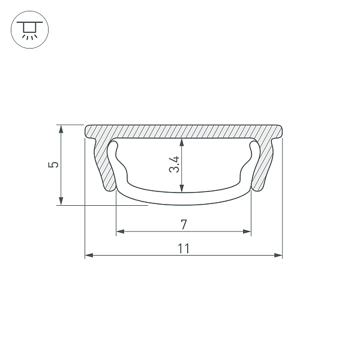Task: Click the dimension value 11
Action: coord(184,248)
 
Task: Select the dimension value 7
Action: coord(184,224)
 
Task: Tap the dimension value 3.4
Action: coord(174,164)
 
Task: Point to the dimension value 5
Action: coord(53,164)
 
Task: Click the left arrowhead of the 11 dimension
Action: coord(89,255)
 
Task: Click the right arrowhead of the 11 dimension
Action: coord(278,255)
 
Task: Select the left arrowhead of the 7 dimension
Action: coord(121,232)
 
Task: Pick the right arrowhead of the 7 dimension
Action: coord(247,232)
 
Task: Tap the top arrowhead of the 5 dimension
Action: coord(61,129)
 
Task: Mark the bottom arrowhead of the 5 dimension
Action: coord(61,201)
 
